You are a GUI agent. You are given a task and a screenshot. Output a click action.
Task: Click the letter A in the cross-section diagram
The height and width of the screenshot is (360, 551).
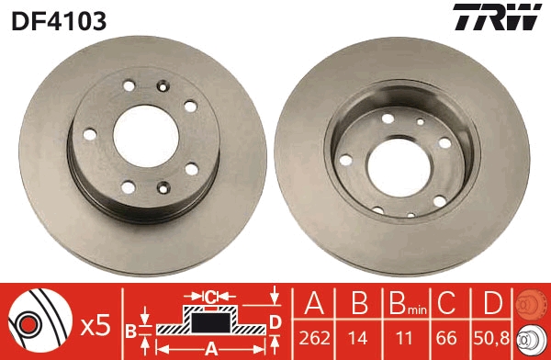210,348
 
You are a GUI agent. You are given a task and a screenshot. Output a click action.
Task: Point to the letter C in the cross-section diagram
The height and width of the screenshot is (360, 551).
210,297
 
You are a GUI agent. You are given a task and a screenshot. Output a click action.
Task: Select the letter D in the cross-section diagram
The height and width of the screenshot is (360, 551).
275,320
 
